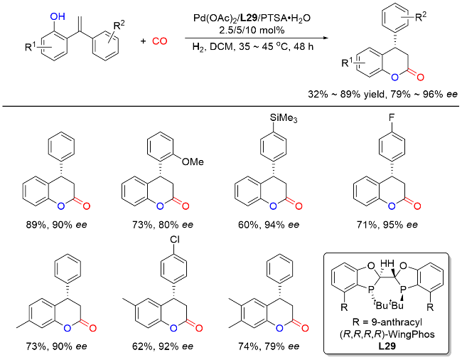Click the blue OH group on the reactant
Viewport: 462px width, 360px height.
pyautogui.click(x=58, y=16)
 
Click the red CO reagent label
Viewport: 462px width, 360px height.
pyautogui.click(x=160, y=41)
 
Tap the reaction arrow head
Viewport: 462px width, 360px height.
pyautogui.click(x=326, y=38)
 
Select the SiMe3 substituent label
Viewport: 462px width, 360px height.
pyautogui.click(x=284, y=118)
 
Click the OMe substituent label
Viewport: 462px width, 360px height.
pyautogui.click(x=193, y=162)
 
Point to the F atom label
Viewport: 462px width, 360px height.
pyautogui.click(x=392, y=118)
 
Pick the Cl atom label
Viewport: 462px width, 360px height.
pyautogui.click(x=174, y=240)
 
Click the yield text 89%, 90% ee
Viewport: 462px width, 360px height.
pyautogui.click(x=57, y=225)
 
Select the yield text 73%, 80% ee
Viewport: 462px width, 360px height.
pyautogui.click(x=163, y=225)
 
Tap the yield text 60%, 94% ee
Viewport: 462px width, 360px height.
pyautogui.click(x=269, y=225)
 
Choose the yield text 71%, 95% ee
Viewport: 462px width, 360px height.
pyautogui.click(x=387, y=225)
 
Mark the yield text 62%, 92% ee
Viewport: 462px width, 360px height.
pyautogui.click(x=163, y=346)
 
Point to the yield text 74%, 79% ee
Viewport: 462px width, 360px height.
pyautogui.click(x=269, y=346)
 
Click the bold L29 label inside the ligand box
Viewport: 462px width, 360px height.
pyautogui.click(x=387, y=346)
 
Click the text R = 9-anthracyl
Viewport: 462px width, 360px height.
pyautogui.click(x=387, y=322)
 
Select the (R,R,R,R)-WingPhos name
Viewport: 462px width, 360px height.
pyautogui.click(x=387, y=334)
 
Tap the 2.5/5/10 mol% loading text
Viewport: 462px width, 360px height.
pyautogui.click(x=252, y=30)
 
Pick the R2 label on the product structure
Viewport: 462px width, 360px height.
pyautogui.click(x=421, y=17)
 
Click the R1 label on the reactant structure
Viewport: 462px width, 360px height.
pyautogui.click(x=31, y=47)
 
